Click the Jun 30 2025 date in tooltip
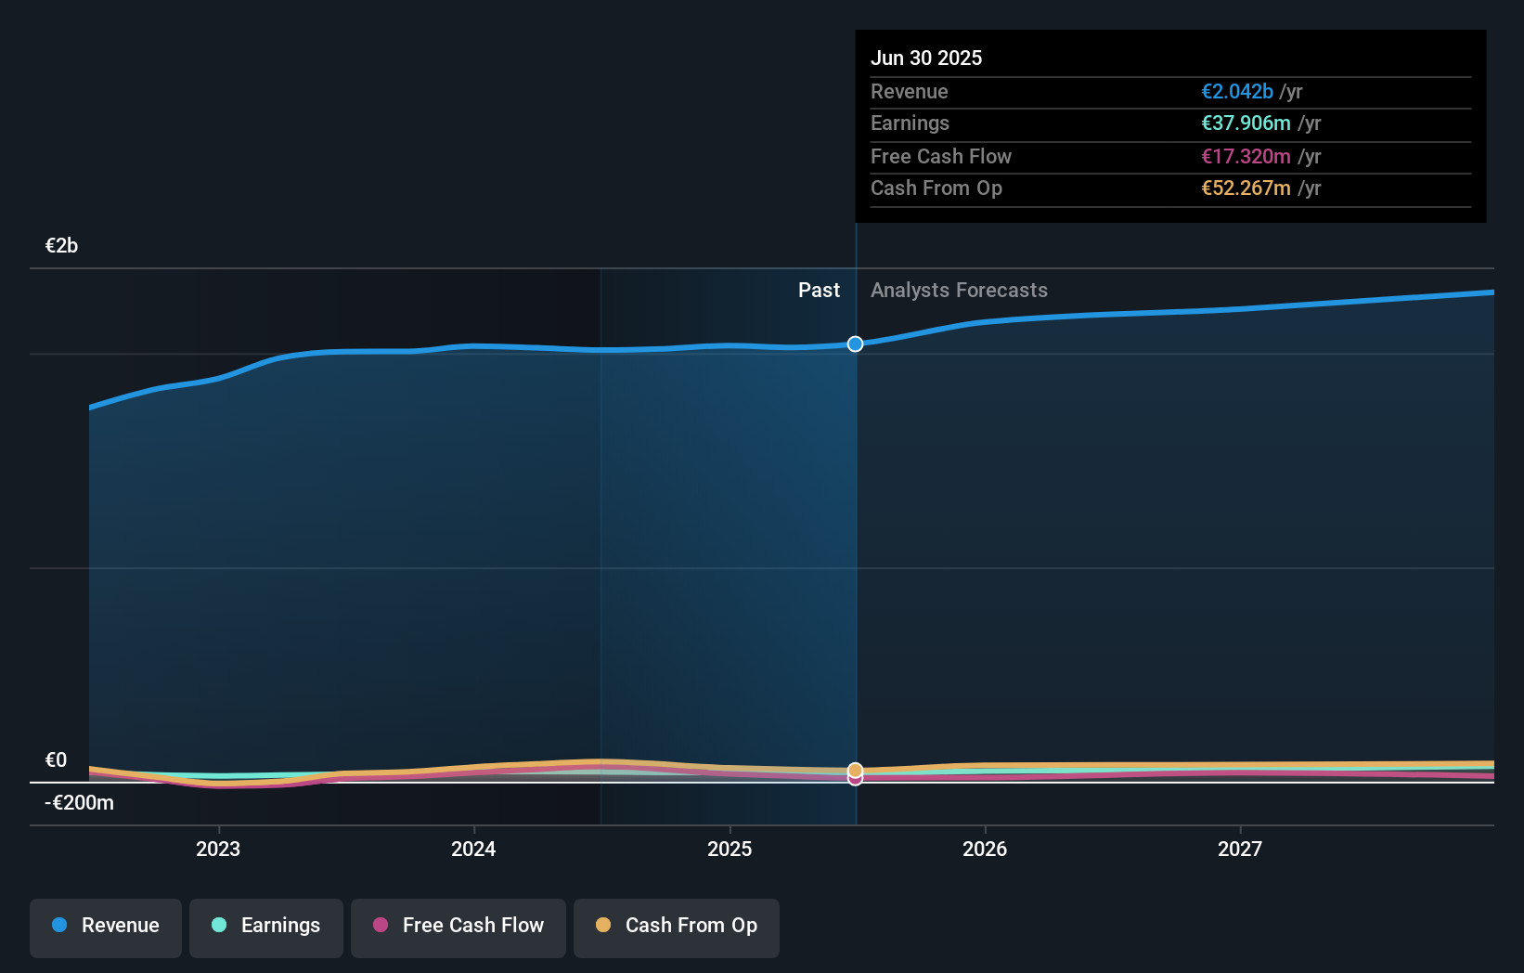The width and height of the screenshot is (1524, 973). (925, 58)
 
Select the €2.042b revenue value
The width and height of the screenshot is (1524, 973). (1236, 91)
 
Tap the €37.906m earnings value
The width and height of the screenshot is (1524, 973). (1246, 123)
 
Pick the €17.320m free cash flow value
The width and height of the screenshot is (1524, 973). (1246, 156)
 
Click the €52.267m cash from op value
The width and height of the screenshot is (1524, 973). (1246, 188)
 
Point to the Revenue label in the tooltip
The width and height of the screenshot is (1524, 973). (909, 91)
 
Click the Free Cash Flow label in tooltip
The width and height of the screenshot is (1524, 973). (940, 156)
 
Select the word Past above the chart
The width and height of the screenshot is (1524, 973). (818, 290)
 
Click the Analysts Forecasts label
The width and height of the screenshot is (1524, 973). (958, 290)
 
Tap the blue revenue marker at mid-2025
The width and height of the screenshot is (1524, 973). (855, 344)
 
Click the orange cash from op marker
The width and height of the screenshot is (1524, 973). (855, 770)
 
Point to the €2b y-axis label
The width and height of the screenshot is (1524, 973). (61, 245)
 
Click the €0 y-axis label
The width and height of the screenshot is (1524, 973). (56, 759)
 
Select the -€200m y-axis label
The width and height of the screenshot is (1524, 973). (79, 802)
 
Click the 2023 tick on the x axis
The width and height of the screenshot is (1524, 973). (218, 849)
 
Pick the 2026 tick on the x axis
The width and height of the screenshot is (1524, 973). (984, 849)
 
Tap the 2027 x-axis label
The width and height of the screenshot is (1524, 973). (1239, 849)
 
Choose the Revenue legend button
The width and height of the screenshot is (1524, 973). (106, 927)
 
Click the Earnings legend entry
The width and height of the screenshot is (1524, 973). (266, 927)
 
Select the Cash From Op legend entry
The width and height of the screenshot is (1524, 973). (677, 927)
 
